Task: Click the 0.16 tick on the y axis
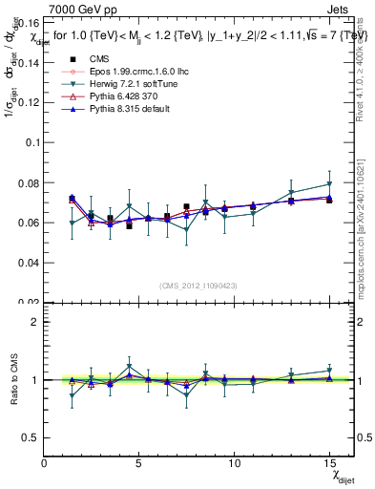pos(31,22)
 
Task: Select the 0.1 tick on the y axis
pos(34,141)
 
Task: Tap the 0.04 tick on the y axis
pos(31,262)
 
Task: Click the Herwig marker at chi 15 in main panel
pos(329,183)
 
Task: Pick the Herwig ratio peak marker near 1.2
pos(130,367)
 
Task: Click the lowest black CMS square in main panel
pos(129,225)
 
